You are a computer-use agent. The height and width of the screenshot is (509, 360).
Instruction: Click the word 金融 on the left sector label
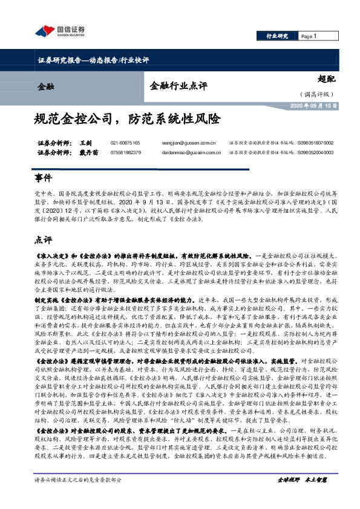[x=45, y=86]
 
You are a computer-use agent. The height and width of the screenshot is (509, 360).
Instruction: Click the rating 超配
[x=326, y=79]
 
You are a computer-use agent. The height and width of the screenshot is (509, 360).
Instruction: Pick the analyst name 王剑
[x=85, y=143]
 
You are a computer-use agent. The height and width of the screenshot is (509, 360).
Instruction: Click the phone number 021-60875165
[x=125, y=143]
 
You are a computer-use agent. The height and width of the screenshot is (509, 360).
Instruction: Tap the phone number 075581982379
[x=125, y=153]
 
